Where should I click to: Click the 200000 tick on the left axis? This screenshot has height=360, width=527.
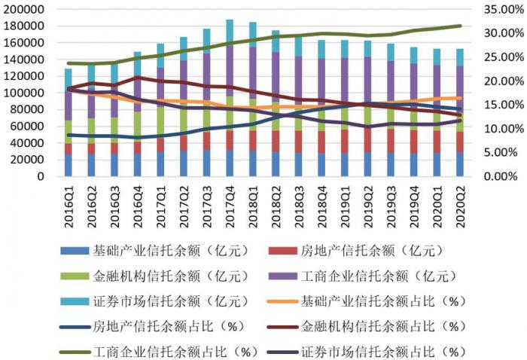point(24,9)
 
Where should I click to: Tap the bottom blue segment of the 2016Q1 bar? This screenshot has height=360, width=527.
point(69,165)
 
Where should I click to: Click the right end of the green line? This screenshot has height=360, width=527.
point(461,26)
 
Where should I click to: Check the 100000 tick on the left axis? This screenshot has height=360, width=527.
point(24,93)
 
